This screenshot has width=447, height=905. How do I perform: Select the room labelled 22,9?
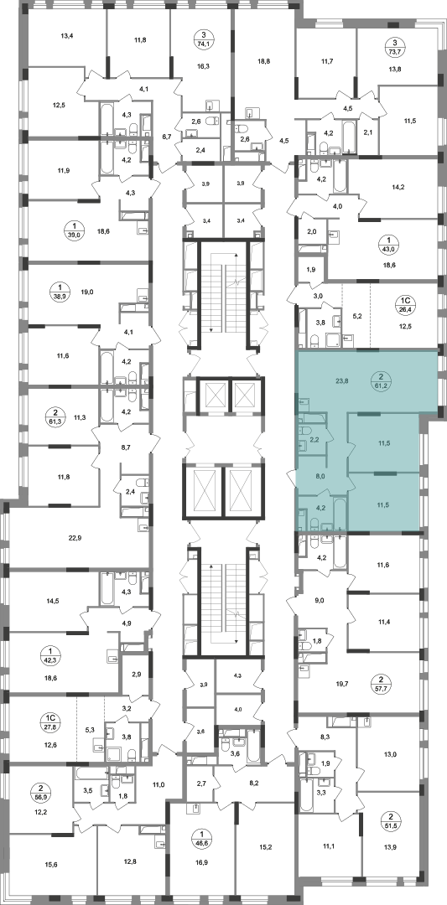(x=74, y=535)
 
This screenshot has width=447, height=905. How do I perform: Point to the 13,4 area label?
(x=68, y=36)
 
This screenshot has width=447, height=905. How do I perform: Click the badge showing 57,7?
(x=381, y=684)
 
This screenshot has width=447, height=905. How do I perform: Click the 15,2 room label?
(x=266, y=848)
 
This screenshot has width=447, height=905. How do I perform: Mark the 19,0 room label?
(x=87, y=292)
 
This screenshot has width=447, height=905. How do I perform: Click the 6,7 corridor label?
(x=167, y=137)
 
